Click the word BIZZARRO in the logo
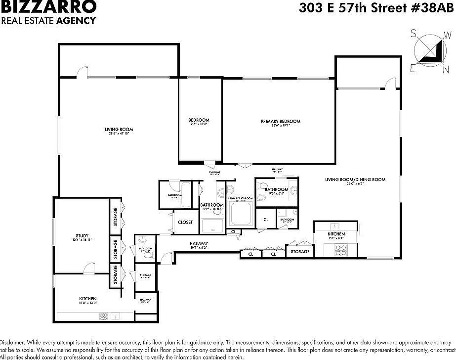(48, 7)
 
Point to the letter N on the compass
(432, 71)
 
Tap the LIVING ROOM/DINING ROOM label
(355, 180)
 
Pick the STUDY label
(82, 235)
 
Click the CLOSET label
(185, 223)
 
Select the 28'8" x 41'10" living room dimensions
(119, 134)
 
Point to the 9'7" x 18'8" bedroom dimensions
(199, 125)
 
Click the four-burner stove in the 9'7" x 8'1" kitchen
(341, 249)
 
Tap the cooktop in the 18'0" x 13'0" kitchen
(104, 315)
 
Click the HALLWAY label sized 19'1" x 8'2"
(199, 244)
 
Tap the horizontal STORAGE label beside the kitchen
(300, 252)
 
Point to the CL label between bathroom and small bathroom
(265, 220)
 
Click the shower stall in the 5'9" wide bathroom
(212, 226)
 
